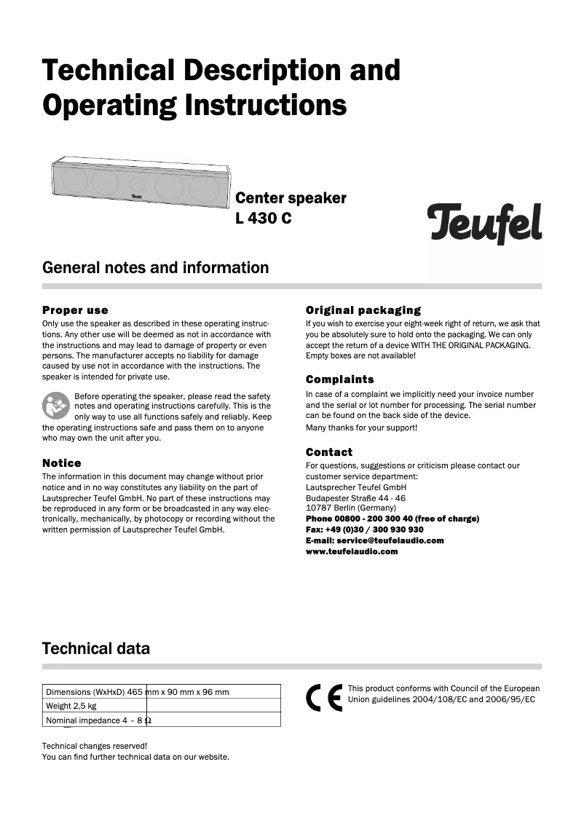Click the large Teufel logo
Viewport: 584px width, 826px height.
(x=484, y=223)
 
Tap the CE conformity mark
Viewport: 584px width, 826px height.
(x=324, y=699)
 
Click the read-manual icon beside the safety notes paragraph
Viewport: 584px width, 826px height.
(x=56, y=406)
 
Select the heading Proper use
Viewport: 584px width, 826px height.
(x=75, y=310)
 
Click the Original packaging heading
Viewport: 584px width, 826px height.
(x=363, y=310)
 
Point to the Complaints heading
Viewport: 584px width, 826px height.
(x=339, y=379)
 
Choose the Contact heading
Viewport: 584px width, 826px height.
(x=328, y=452)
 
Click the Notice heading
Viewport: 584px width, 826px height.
(x=62, y=463)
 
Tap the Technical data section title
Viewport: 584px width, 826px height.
(x=96, y=648)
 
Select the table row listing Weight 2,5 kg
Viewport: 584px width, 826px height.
(x=162, y=706)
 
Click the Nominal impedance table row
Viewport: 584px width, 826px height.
(x=162, y=720)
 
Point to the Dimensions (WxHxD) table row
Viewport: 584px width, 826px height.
(x=162, y=692)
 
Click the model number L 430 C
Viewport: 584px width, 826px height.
(x=263, y=218)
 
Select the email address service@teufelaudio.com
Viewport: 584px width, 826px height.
(x=374, y=540)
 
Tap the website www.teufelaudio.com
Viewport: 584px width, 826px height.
(x=352, y=551)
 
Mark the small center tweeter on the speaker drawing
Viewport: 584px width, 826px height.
(x=138, y=183)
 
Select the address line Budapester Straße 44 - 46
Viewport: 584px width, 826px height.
(x=355, y=497)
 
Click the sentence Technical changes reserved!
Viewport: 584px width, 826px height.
(x=95, y=746)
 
